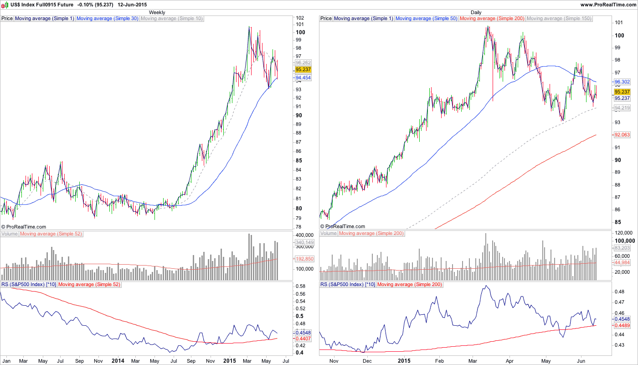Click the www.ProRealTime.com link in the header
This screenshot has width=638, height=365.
(608, 5)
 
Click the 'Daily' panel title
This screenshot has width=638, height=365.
(476, 12)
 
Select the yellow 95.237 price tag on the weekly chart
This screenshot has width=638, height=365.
(303, 69)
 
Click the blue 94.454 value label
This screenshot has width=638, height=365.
(303, 78)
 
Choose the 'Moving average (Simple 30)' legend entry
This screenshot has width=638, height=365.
(108, 19)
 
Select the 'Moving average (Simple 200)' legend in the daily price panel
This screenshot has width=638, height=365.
(492, 19)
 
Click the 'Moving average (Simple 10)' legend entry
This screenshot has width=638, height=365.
(172, 19)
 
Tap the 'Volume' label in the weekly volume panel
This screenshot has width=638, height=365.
(10, 234)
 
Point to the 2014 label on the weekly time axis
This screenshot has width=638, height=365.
(118, 360)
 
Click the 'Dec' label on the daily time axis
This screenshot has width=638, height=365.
(367, 360)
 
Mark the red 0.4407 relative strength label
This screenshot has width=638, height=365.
(303, 339)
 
